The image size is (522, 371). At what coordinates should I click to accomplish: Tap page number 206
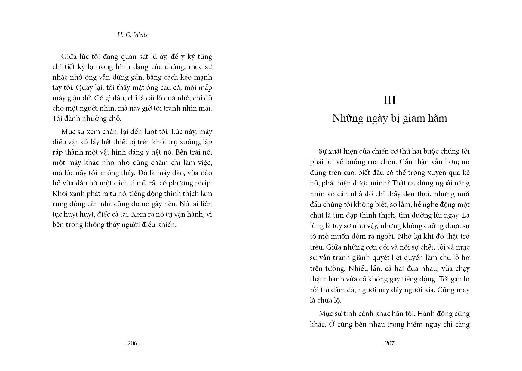click(x=132, y=343)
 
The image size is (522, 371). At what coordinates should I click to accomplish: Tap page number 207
click(x=390, y=343)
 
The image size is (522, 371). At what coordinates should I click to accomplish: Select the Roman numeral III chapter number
click(x=390, y=100)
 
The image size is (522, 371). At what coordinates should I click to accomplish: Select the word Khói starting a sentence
click(x=60, y=194)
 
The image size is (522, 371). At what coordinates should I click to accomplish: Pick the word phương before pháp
click(x=184, y=183)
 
